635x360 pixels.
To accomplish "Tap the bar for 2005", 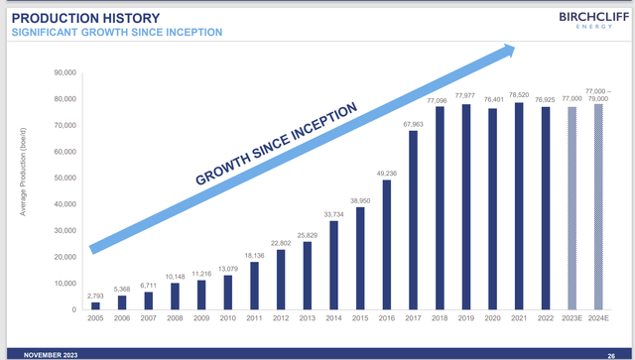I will (95, 305).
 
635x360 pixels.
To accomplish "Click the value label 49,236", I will (386, 174).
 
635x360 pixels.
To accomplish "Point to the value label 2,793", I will (95, 296).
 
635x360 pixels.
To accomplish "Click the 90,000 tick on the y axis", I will (64, 72).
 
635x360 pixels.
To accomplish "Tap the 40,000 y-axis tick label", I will (64, 204).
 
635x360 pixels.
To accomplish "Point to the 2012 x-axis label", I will (281, 320).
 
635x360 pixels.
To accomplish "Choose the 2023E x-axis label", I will (571, 320).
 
